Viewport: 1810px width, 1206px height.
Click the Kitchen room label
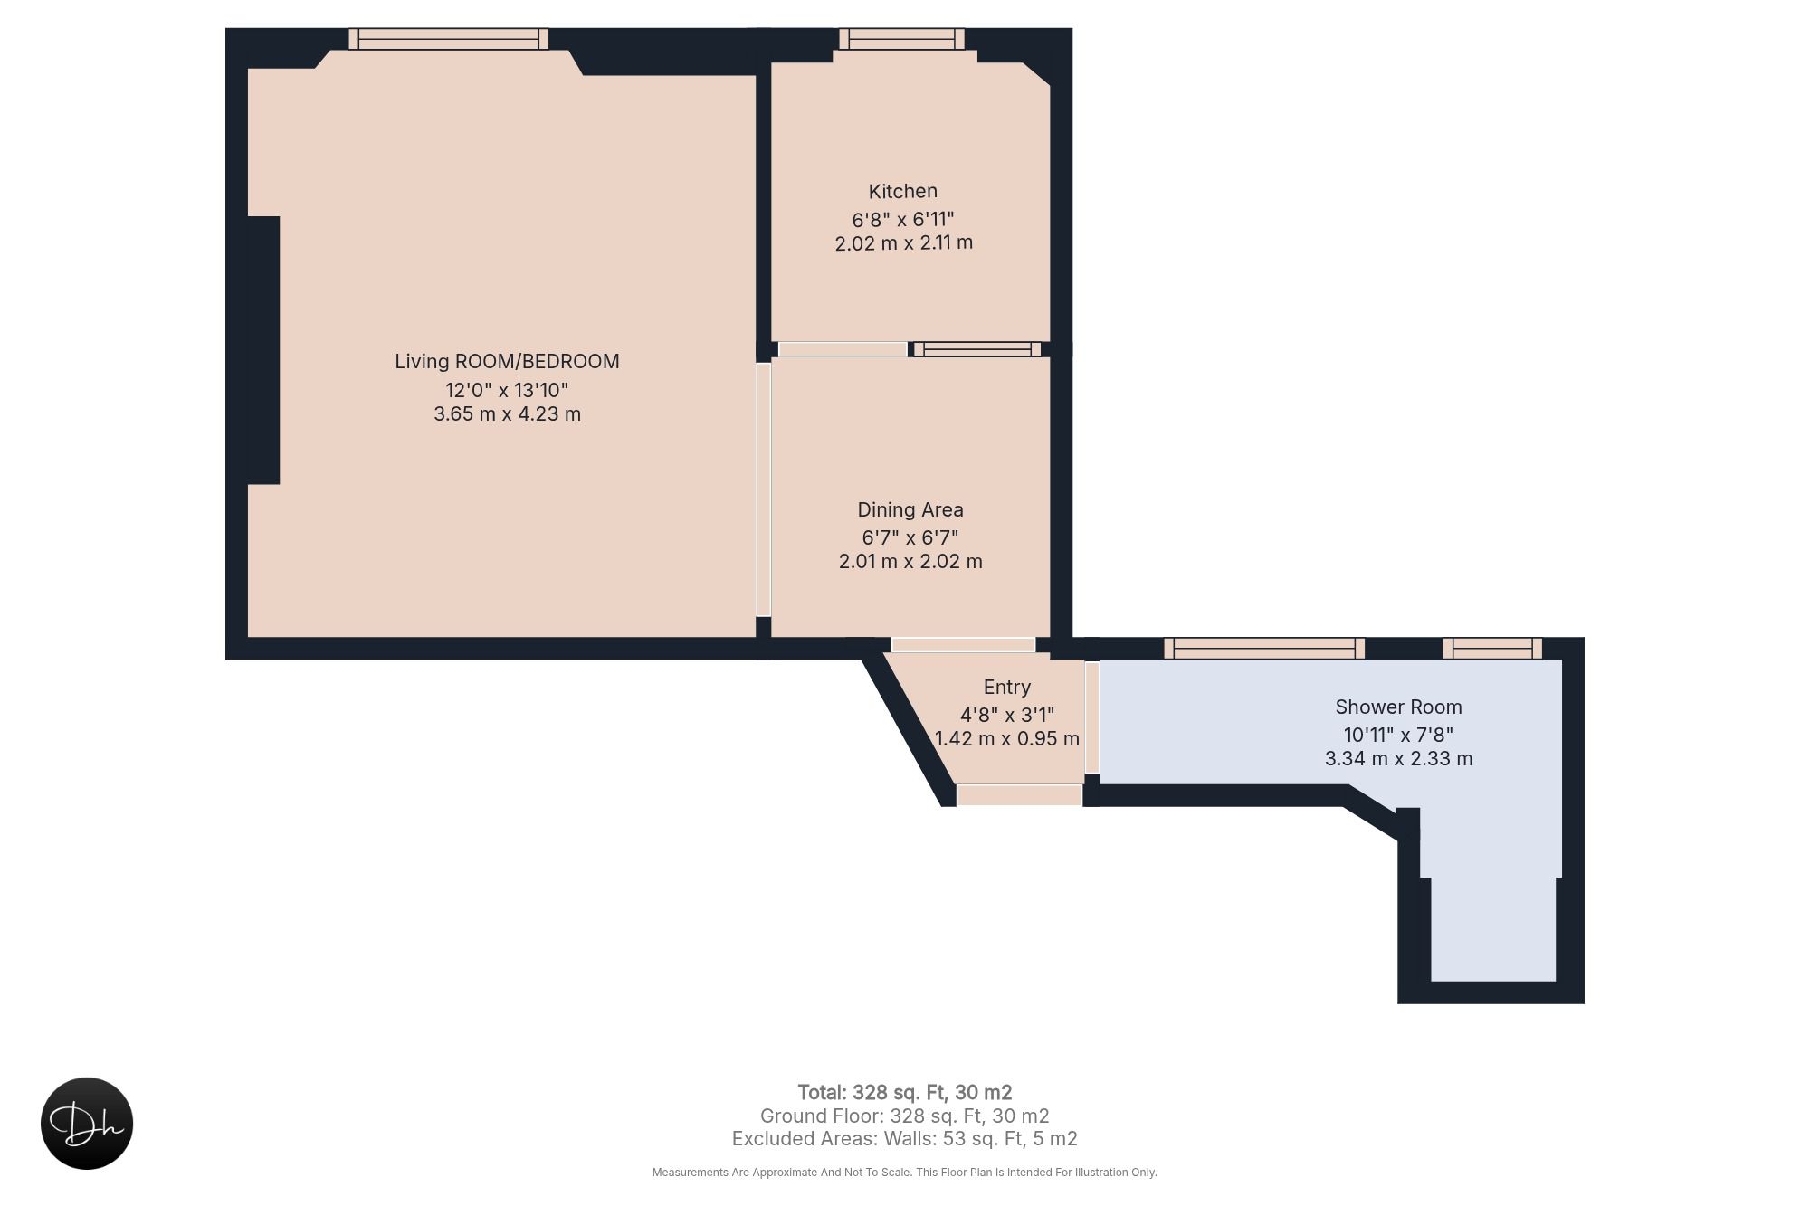[903, 191]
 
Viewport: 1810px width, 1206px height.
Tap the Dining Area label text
[910, 509]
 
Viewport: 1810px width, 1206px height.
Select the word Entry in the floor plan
[1007, 688]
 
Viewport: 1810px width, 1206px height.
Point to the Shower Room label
[1399, 707]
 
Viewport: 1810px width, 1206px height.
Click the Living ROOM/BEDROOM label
[507, 361]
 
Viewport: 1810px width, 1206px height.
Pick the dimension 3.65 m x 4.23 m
[507, 413]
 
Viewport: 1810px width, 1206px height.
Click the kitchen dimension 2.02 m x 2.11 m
[903, 242]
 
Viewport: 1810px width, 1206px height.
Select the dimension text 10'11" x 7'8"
[1399, 735]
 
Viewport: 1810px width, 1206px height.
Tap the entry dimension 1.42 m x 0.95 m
[1007, 738]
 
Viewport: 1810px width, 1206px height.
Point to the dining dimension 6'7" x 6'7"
[910, 537]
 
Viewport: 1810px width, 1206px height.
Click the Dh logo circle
[87, 1124]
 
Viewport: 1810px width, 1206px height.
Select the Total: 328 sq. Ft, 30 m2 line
[905, 1092]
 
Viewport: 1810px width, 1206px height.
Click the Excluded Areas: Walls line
[905, 1139]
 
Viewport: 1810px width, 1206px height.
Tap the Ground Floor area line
[905, 1116]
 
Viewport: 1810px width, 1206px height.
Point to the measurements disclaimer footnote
[905, 1173]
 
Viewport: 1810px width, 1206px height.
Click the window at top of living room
[449, 39]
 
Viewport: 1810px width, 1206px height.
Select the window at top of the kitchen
[901, 39]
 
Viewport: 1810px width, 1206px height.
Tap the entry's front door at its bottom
[1020, 795]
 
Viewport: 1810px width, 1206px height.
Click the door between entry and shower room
[1092, 717]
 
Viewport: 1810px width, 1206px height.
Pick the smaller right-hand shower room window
[1492, 648]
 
